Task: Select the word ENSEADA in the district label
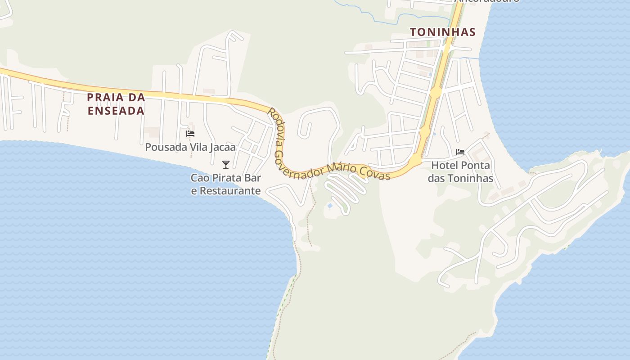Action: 116,111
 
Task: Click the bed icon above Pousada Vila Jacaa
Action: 190,134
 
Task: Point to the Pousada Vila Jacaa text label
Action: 190,147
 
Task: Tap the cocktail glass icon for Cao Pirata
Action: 226,165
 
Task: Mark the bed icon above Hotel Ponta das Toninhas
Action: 460,152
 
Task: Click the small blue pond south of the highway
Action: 330,206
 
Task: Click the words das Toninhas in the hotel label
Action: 460,179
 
